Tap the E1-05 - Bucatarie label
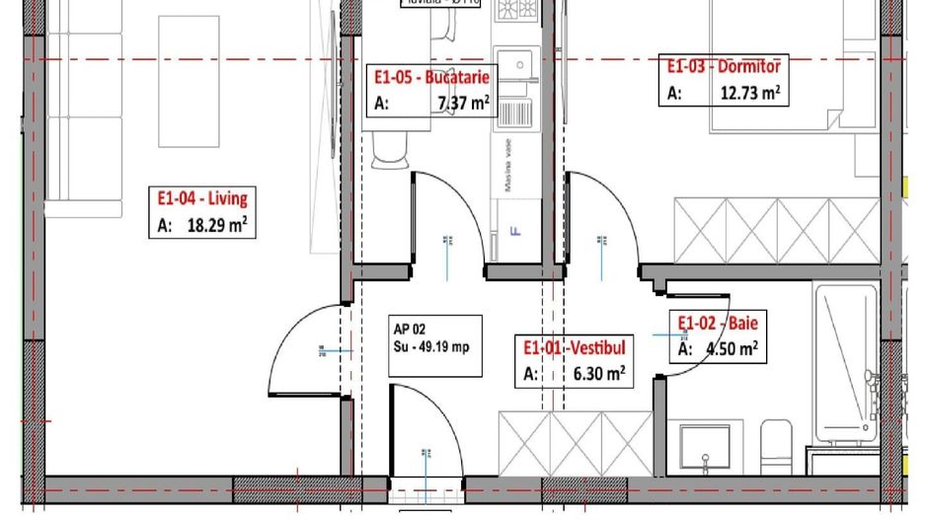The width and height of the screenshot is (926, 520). pyautogui.click(x=431, y=77)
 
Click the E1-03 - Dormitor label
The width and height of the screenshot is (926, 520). pyautogui.click(x=724, y=67)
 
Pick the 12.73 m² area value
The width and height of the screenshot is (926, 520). pyautogui.click(x=745, y=94)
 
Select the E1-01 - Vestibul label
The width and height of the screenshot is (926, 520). pyautogui.click(x=574, y=347)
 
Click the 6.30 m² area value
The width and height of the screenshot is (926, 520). pyautogui.click(x=599, y=374)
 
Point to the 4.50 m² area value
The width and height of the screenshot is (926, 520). pyautogui.click(x=732, y=348)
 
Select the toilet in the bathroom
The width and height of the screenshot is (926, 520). pyautogui.click(x=776, y=444)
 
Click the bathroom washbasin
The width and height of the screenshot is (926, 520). pyautogui.click(x=705, y=447)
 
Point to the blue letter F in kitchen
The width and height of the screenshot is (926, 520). pyautogui.click(x=513, y=233)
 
